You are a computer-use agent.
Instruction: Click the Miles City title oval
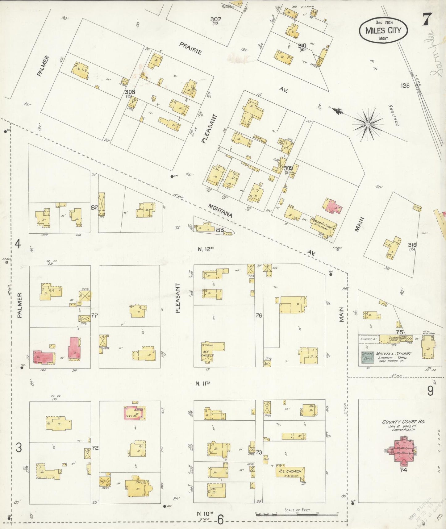click(x=383, y=30)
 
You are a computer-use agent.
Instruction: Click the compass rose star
click(x=368, y=124)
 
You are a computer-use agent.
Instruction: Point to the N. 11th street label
click(x=203, y=384)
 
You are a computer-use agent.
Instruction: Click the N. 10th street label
click(x=205, y=514)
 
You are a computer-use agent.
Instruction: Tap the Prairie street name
click(x=191, y=48)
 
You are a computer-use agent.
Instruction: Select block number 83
click(x=220, y=230)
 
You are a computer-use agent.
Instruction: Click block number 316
click(x=412, y=245)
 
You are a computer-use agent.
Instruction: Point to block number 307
click(x=215, y=19)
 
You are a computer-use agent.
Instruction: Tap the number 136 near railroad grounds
click(x=405, y=85)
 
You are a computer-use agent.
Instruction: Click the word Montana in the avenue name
click(x=220, y=210)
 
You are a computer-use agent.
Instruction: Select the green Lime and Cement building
click(x=367, y=356)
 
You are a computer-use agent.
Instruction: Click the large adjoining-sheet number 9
click(x=430, y=391)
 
